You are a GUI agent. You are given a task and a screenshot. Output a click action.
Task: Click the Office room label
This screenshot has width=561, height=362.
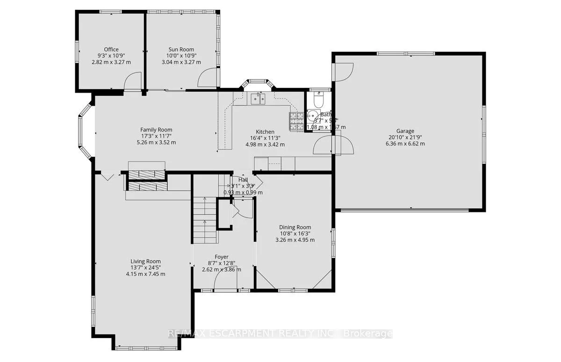111,50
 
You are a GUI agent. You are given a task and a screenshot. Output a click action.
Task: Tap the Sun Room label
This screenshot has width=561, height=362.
181,50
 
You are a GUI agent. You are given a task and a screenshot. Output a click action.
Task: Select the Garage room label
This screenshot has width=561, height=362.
406,131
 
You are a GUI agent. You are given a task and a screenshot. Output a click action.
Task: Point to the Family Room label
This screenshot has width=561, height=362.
157,130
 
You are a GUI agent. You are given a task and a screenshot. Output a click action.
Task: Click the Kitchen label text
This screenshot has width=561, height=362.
265,132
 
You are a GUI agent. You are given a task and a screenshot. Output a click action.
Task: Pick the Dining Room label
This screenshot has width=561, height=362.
295,227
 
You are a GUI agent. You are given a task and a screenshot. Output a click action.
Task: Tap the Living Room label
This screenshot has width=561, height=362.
145,261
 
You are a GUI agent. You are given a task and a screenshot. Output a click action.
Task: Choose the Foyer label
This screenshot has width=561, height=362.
222,257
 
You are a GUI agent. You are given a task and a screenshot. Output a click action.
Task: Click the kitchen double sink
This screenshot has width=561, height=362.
258,99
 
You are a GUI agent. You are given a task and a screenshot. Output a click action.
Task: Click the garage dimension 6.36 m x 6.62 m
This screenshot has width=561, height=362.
406,144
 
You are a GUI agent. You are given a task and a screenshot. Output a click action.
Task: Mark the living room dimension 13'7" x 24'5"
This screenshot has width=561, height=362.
145,268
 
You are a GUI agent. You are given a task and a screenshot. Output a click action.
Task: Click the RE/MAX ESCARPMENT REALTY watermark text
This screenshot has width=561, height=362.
280,333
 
